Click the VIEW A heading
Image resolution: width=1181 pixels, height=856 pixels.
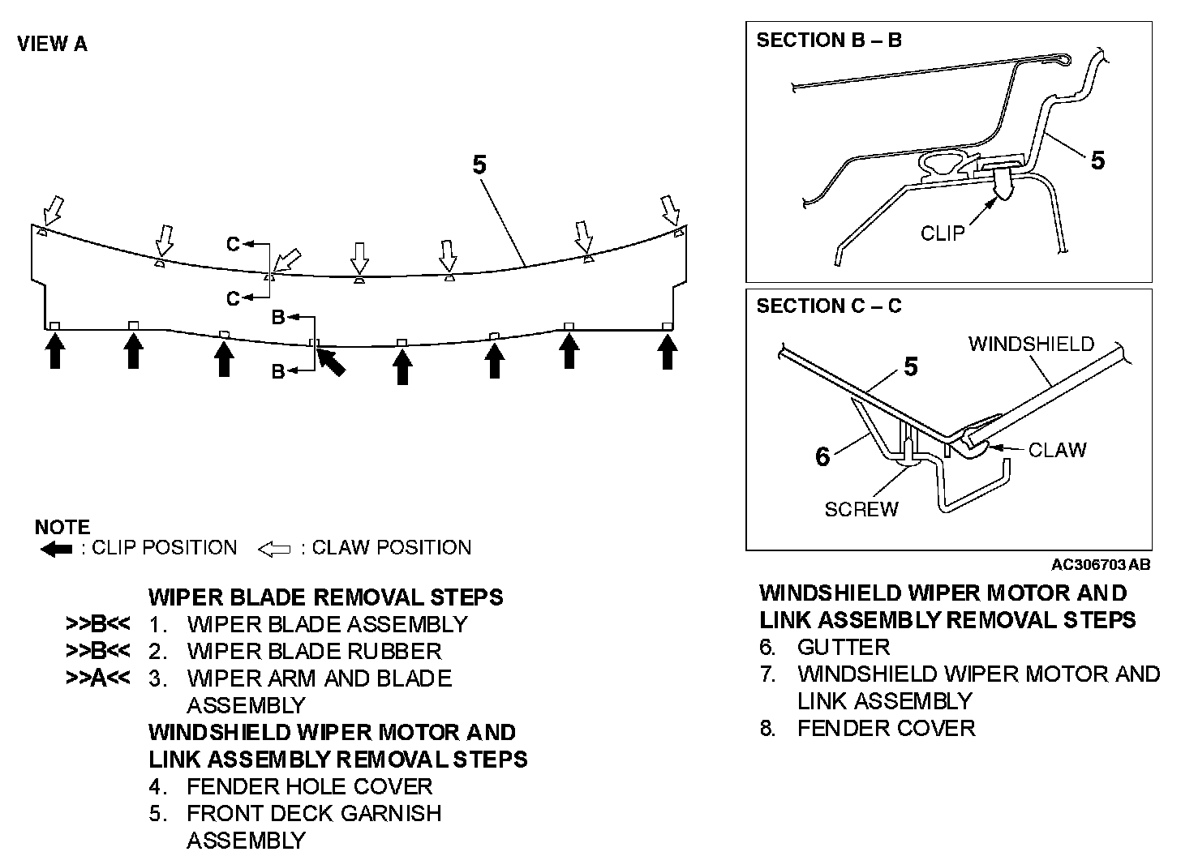[x=52, y=44]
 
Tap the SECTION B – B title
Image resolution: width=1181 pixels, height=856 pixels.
[x=828, y=40]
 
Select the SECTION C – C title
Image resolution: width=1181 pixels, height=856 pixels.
[x=828, y=306]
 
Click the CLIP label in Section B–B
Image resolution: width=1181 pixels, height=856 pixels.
[x=942, y=233]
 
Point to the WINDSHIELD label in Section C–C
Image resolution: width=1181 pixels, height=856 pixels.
[x=1030, y=344]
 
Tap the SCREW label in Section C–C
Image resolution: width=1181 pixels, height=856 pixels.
[x=861, y=509]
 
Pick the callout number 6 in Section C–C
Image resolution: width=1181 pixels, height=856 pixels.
[x=822, y=457]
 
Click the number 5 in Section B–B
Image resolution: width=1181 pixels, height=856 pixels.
[x=1097, y=160]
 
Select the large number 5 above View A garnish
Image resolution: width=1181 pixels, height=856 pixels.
[x=479, y=165]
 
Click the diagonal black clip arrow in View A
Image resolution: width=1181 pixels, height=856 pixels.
[x=331, y=361]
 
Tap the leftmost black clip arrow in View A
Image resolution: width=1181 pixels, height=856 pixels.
[x=54, y=352]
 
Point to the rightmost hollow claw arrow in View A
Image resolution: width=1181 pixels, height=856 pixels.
[x=671, y=210]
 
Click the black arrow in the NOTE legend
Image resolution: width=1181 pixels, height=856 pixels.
[x=56, y=550]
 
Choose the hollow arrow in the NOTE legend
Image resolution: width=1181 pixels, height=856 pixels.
[x=274, y=550]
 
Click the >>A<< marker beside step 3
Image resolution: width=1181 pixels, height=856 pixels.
[x=97, y=678]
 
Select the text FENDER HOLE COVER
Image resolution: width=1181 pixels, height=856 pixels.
[x=309, y=786]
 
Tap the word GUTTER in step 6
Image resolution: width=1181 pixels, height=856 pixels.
[x=844, y=647]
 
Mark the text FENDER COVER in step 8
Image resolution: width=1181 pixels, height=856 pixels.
[x=886, y=728]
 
